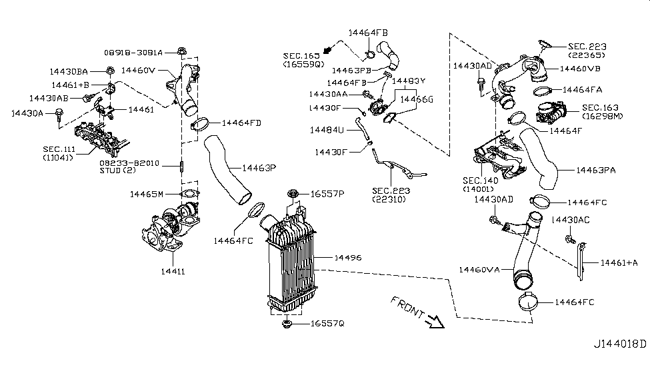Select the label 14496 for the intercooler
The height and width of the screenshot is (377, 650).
[348, 257]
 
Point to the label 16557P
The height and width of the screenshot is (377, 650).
[327, 194]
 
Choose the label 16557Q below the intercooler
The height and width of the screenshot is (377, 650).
[327, 324]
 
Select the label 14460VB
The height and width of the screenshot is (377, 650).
[579, 69]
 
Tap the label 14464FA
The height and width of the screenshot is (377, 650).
[582, 89]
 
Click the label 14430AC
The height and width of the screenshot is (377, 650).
[571, 220]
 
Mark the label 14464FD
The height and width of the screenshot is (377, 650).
[241, 123]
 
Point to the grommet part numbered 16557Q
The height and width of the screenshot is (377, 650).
[288, 324]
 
